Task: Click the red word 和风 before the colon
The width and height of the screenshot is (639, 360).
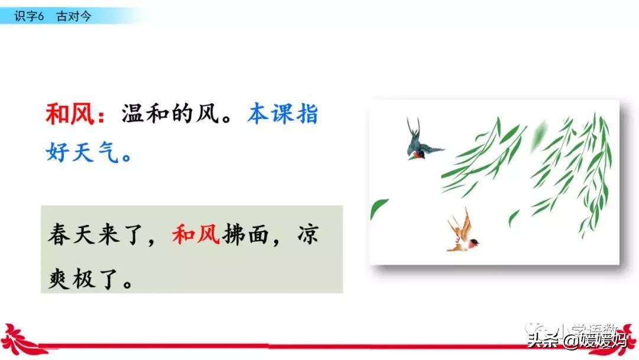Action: click(x=70, y=114)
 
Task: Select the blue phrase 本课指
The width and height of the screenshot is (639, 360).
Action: click(x=283, y=114)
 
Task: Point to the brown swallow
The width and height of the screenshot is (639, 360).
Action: click(x=463, y=233)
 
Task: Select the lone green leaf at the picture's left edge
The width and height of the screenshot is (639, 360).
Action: click(x=378, y=207)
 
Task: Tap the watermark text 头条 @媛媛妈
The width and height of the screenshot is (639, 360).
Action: click(x=577, y=340)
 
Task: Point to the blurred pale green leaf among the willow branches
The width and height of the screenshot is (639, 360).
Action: click(x=538, y=135)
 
